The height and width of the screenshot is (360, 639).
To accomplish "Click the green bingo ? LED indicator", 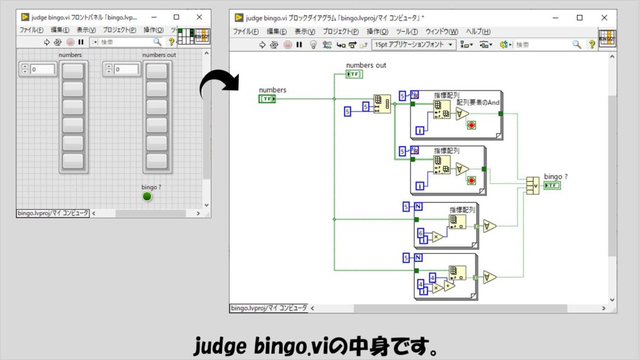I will (x=147, y=197).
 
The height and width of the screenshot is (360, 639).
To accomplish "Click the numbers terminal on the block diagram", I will (x=268, y=99).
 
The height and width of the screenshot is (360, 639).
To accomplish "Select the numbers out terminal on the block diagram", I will (x=354, y=74).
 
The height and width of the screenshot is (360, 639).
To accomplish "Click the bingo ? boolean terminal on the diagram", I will (x=552, y=185).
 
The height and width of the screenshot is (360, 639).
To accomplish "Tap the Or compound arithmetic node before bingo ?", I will (x=532, y=185).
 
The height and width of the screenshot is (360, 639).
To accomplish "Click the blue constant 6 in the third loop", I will (x=421, y=233).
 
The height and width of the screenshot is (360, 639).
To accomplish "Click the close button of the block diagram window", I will (x=604, y=18).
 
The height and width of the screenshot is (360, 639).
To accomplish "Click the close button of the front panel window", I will (x=199, y=17).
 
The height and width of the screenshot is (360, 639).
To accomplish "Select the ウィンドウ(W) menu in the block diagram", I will (x=441, y=31).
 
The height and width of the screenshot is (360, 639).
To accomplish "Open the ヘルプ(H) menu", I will (x=478, y=31).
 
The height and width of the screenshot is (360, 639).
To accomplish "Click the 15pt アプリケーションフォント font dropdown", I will (x=414, y=45).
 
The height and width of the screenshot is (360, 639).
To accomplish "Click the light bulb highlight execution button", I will (x=314, y=45).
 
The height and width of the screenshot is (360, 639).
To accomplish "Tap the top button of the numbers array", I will (x=73, y=71).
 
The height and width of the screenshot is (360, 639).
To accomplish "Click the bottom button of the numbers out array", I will (x=157, y=161).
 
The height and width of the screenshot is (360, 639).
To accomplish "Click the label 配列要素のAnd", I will (x=479, y=102).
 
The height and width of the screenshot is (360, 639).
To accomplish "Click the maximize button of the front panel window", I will (x=176, y=17).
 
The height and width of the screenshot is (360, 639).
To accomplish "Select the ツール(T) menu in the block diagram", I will (x=407, y=31).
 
